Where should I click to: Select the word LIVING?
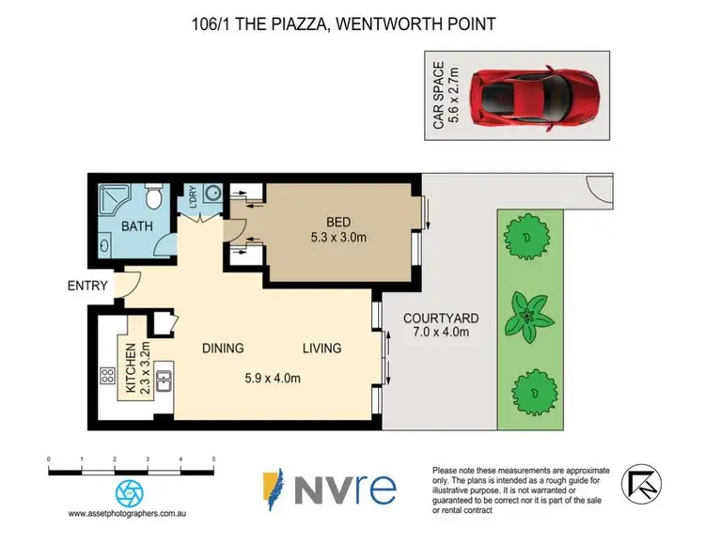coord(321,349)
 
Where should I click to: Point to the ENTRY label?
coord(86,286)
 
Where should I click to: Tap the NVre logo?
coord(329,489)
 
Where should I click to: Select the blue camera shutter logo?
coord(131,492)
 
